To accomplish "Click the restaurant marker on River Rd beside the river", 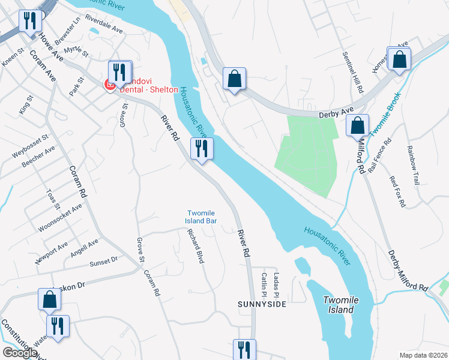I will coord(202,148).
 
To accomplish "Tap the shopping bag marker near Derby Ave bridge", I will coord(234,78).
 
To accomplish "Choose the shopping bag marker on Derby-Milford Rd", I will coord(357,127).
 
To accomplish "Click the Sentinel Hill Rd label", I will coord(354,71).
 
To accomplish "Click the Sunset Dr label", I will coord(104,262).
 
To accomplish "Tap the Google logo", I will coord(20,353).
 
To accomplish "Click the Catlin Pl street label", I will coord(264,284).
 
